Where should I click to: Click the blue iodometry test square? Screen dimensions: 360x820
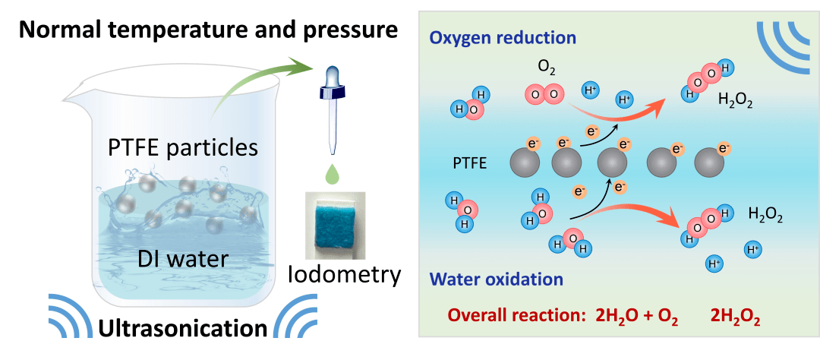(x=335, y=224)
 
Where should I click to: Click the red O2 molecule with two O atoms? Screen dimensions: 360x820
(x=544, y=95)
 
